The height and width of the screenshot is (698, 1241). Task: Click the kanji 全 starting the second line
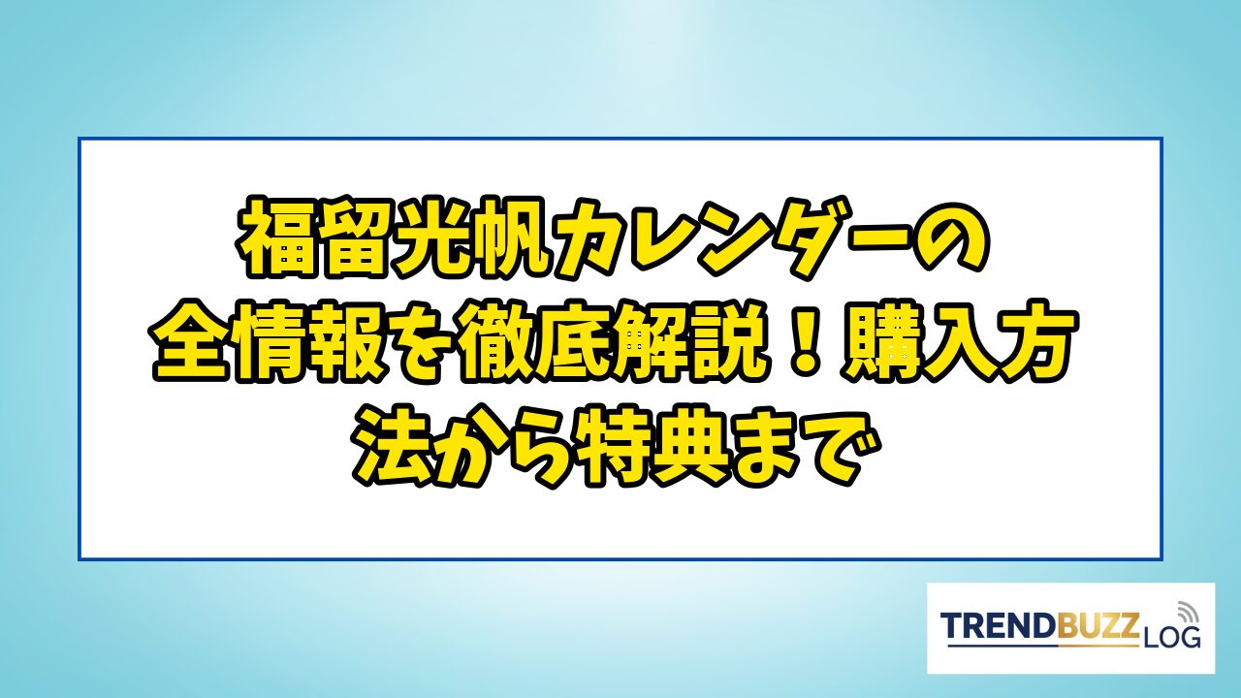tap(191, 342)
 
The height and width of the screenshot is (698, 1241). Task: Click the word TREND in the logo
tap(998, 627)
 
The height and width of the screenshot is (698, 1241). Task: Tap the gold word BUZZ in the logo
tap(1096, 627)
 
